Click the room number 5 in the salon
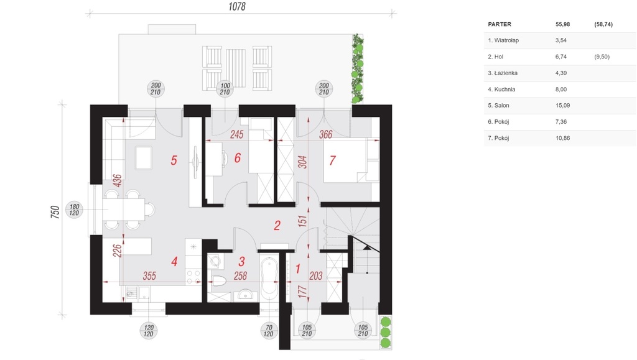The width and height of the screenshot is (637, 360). click(174, 160)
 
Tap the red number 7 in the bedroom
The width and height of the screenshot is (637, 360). click(332, 160)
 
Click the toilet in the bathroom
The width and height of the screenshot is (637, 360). click(219, 280)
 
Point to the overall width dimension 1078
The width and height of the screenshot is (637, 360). click(237, 7)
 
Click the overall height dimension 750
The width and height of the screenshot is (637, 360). click(55, 212)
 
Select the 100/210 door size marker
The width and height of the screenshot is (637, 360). click(225, 88)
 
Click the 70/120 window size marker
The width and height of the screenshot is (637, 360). click(269, 330)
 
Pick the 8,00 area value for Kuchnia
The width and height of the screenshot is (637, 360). click(561, 90)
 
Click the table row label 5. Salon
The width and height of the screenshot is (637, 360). click(498, 106)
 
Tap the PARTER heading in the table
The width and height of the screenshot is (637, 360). click(500, 24)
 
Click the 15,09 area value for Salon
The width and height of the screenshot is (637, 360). click(562, 106)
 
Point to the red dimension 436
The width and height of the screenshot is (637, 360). click(117, 180)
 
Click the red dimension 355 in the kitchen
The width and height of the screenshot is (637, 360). click(149, 276)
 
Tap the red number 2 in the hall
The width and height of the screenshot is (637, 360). click(277, 225)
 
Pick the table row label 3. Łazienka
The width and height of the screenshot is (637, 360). click(503, 73)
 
